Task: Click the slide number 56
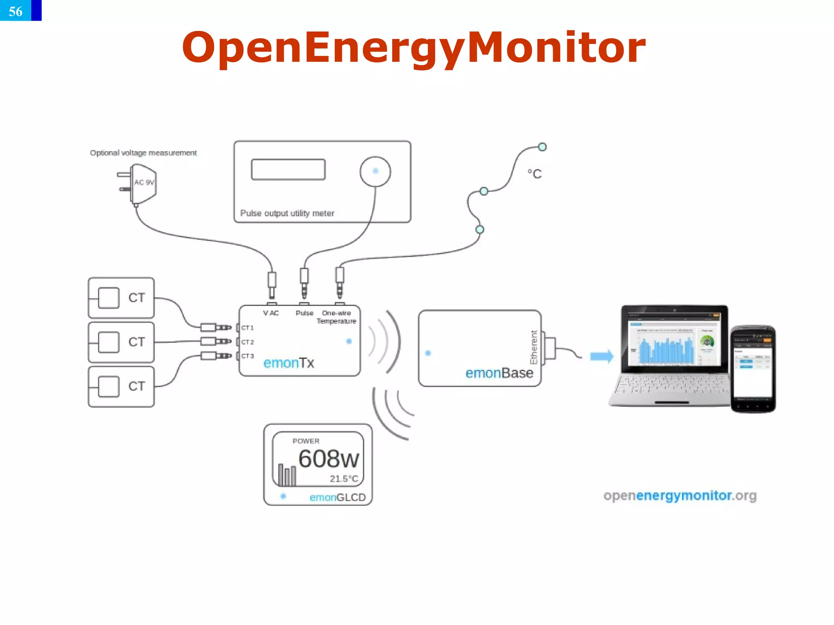click(16, 11)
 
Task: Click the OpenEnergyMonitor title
click(413, 48)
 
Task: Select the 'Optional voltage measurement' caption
click(143, 153)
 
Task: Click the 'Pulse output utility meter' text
click(287, 213)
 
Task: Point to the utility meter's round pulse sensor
click(375, 171)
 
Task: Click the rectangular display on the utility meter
click(288, 169)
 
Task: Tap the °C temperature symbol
click(535, 174)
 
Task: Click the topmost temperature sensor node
click(542, 147)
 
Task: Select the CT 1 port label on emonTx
click(247, 328)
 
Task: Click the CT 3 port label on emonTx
click(247, 356)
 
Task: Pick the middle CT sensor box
click(121, 342)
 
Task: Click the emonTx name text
click(289, 363)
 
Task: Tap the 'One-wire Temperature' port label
click(336, 317)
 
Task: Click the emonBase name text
click(499, 373)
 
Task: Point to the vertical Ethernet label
click(534, 347)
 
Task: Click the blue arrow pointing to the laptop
click(601, 356)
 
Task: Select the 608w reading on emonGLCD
click(329, 459)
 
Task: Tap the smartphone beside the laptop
click(753, 369)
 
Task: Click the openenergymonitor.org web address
click(680, 496)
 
